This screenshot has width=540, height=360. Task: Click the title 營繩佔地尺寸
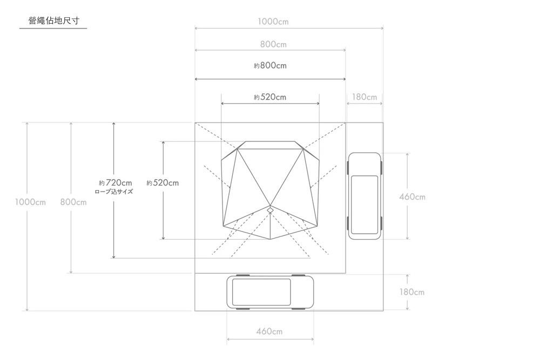tap(53, 21)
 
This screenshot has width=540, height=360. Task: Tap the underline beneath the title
tap(53, 28)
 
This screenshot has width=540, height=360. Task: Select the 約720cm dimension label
tap(116, 183)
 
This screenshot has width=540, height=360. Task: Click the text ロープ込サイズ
tap(113, 192)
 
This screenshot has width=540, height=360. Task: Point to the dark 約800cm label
tap(270, 65)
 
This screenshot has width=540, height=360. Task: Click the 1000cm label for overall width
tap(273, 22)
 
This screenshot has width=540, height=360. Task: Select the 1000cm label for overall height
tap(30, 202)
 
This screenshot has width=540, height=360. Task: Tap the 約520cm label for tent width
tap(270, 97)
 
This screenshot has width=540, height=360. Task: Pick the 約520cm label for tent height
tap(163, 183)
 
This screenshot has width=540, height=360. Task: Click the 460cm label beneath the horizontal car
tap(269, 331)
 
